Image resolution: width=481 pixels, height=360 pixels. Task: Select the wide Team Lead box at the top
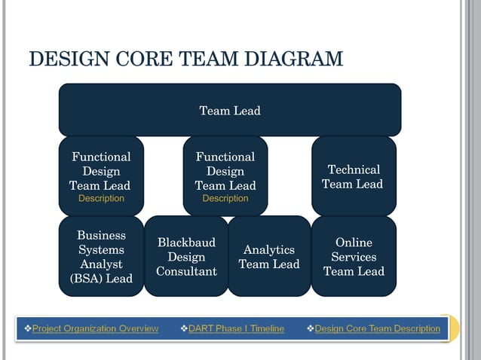(229, 111)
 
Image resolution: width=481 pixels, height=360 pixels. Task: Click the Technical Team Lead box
(353, 176)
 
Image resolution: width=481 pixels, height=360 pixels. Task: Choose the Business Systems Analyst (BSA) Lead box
(101, 257)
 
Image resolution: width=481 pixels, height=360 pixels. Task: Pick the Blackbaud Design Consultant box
(186, 257)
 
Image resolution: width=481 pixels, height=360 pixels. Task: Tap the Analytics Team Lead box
(269, 257)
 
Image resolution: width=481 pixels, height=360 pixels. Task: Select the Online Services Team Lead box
(353, 257)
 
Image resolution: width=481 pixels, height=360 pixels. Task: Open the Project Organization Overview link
(95, 328)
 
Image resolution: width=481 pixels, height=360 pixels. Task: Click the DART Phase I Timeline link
(236, 328)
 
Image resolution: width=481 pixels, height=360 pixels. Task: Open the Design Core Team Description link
(377, 328)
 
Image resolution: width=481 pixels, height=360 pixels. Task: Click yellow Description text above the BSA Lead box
(101, 199)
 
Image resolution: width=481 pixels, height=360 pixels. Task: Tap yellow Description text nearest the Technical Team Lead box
(225, 199)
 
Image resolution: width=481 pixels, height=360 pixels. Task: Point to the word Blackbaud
(186, 243)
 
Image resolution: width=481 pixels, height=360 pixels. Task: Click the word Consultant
(186, 271)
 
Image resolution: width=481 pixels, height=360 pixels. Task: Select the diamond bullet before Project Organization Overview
(27, 328)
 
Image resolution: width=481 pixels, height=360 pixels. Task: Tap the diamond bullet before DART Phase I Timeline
(183, 328)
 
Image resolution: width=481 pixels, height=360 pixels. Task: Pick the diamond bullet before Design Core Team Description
(310, 328)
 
